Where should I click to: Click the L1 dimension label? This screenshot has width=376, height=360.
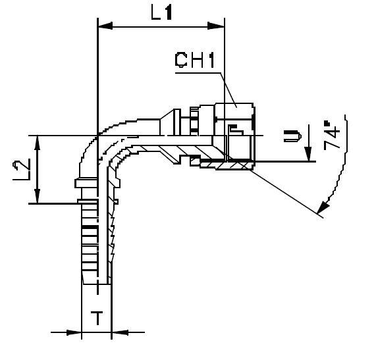click(161, 11)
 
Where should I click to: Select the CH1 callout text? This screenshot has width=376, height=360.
click(196, 61)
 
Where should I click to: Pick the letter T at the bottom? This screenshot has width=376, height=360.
click(96, 319)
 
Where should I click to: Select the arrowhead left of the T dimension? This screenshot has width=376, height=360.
click(74, 332)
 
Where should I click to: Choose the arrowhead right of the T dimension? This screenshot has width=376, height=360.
click(119, 332)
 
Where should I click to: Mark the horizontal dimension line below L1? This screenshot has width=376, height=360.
click(161, 26)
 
